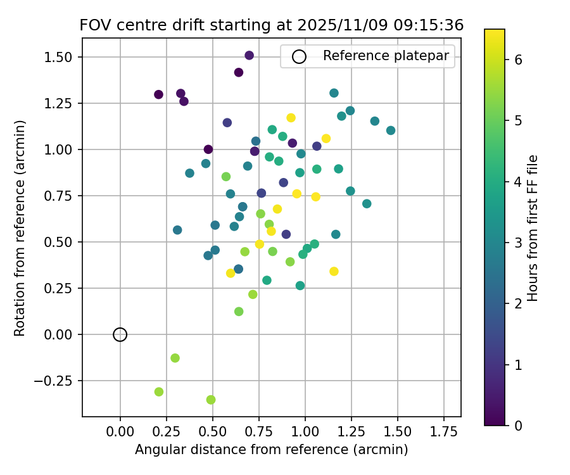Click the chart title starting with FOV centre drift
pos(271,25)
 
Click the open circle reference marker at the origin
pos(120,334)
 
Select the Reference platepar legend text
pos(386,56)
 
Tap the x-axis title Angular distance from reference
pos(271,450)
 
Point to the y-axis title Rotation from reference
pos(20,228)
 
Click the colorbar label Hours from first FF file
pos(533,228)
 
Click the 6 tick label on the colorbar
pos(517,60)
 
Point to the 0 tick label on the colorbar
pos(517,425)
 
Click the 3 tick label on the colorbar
pos(517,243)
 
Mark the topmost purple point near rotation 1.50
pos(249,56)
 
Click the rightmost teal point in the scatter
pos(391,130)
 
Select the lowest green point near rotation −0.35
pos(211,400)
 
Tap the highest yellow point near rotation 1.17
pos(291,118)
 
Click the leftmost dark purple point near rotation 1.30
pos(158,94)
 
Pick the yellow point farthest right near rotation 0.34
pos(334,271)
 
